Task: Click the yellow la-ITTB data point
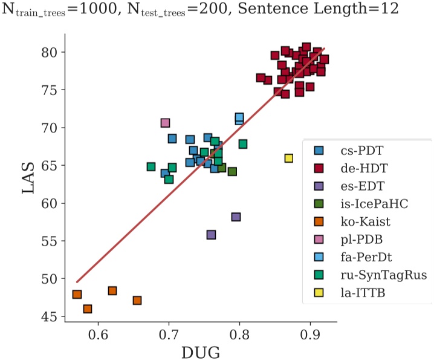point(289,159)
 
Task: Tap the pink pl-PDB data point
point(166,123)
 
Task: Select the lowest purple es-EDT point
point(211,235)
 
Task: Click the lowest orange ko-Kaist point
point(88,309)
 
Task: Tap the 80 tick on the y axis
point(49,52)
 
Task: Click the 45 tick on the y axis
point(49,316)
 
